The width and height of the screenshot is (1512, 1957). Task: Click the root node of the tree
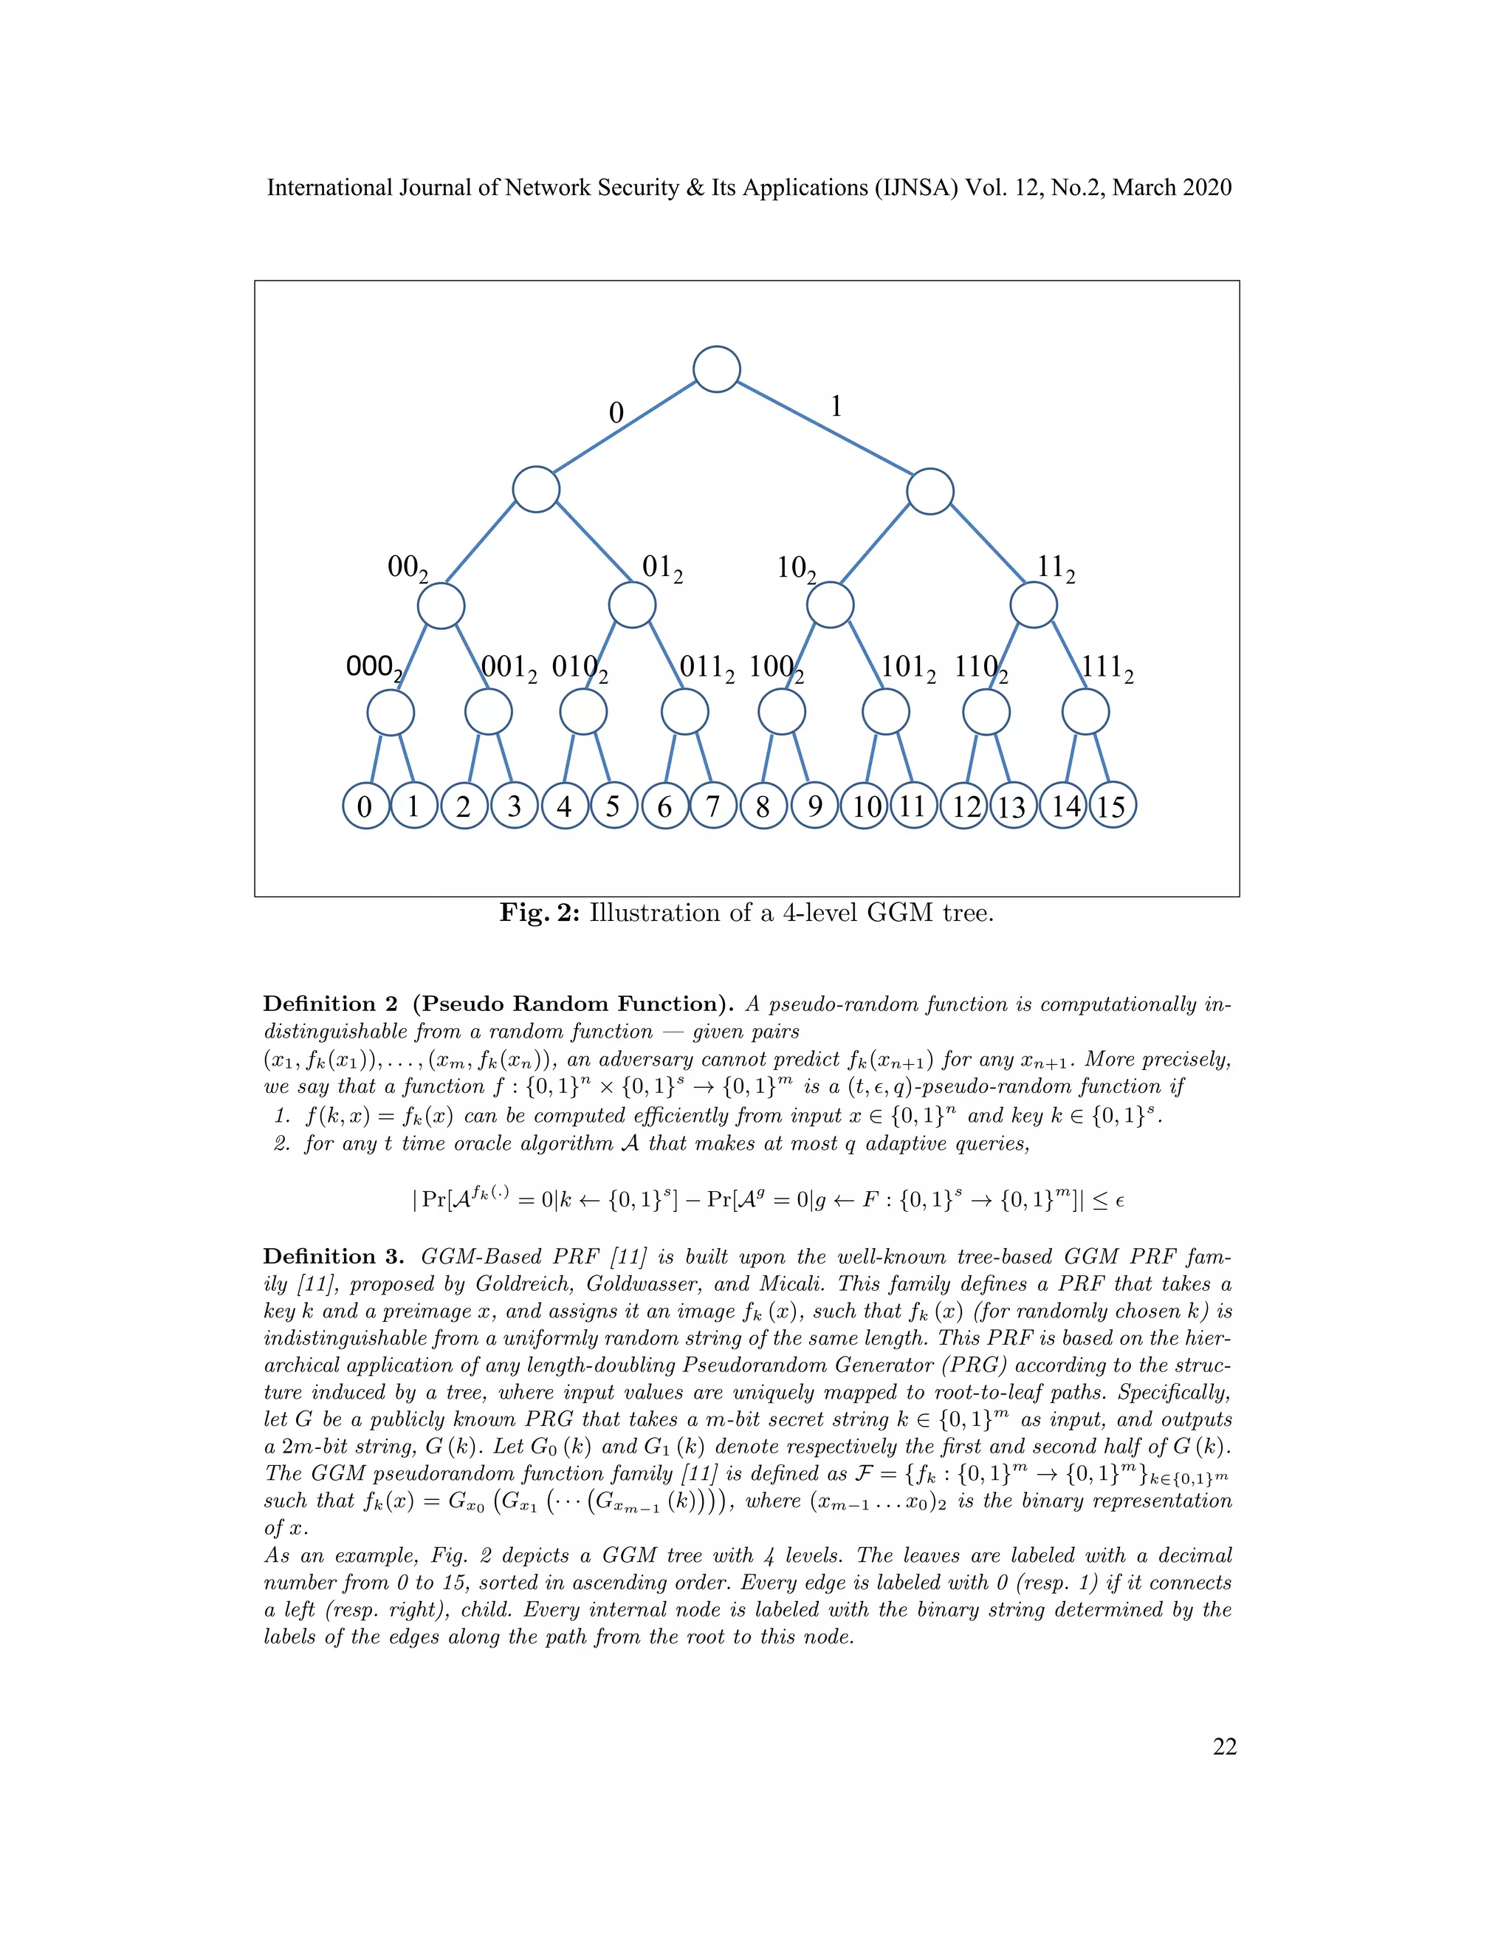717,369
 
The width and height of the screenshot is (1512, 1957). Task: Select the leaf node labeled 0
365,806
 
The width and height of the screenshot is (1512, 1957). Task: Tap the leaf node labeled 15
1112,806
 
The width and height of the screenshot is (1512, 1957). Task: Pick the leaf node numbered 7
713,806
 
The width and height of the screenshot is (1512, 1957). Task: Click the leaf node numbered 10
865,806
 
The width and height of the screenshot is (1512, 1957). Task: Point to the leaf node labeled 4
564,806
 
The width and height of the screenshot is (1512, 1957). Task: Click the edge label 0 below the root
616,413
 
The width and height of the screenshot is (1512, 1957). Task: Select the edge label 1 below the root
836,407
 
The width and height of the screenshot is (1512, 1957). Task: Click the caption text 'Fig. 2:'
540,913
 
